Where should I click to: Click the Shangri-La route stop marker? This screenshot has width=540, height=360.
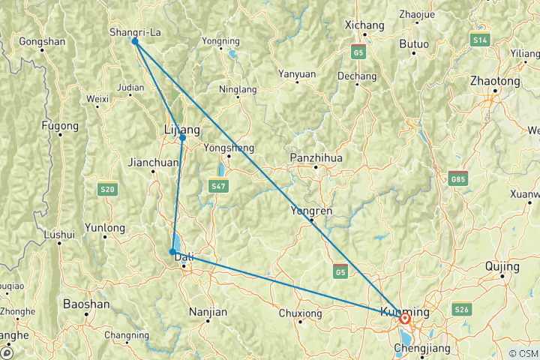coord(135,41)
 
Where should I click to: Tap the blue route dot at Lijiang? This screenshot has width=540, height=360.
coord(183,138)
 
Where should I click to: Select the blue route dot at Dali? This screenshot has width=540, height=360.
coord(173,252)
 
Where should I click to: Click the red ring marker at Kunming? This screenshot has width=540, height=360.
coord(406,319)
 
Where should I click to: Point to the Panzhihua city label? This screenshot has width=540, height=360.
coord(316,158)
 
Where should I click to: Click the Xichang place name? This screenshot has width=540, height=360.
coord(364,25)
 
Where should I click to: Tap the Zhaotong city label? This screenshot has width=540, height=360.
coord(494,81)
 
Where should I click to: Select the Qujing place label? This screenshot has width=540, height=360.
coord(502,266)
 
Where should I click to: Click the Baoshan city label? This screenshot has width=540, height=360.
coord(86,304)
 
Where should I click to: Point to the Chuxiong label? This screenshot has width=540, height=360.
coord(299,313)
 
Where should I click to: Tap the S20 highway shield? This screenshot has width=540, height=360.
coord(108,190)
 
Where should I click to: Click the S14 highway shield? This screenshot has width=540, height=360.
coord(480,38)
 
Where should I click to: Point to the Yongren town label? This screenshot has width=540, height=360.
coord(311,211)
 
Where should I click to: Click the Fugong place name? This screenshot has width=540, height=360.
coord(60,125)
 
